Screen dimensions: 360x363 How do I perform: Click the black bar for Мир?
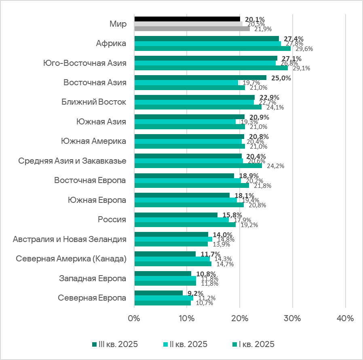pyautogui.click(x=187, y=19)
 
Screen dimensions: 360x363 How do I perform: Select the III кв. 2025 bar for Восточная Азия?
pyautogui.click(x=200, y=78)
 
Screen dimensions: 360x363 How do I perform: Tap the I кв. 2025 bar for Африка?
pyautogui.click(x=212, y=48)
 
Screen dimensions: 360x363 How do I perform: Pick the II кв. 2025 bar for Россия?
pyautogui.click(x=181, y=220)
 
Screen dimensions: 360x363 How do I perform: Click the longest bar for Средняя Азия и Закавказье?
pyautogui.click(x=198, y=166)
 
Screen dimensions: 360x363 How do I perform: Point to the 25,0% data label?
pyautogui.click(x=281, y=78)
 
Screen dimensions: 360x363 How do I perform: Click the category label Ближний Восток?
pyautogui.click(x=94, y=102)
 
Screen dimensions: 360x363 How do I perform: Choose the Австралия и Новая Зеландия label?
pyautogui.click(x=70, y=239)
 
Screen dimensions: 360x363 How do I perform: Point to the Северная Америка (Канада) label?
pyautogui.click(x=71, y=259)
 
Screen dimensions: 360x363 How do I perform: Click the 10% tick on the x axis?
pyautogui.click(x=186, y=318)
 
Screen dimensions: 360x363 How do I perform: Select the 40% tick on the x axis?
pyautogui.click(x=345, y=318)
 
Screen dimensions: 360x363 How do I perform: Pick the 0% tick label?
pyautogui.click(x=134, y=318)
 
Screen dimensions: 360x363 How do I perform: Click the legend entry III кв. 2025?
pyautogui.click(x=115, y=344)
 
